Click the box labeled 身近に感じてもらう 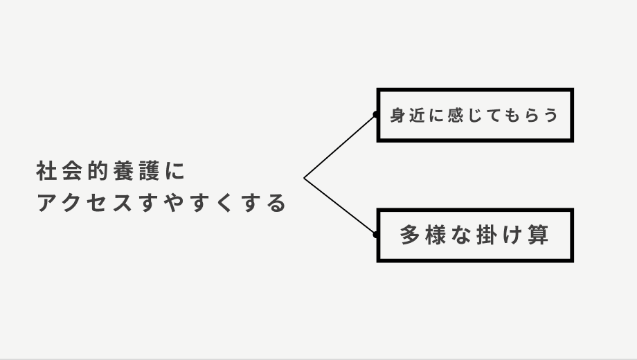tap(475, 115)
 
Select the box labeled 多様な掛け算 tap(475, 235)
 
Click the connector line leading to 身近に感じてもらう tap(339, 147)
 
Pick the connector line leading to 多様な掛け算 tap(339, 206)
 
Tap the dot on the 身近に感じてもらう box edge tap(375, 115)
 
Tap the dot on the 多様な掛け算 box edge tap(375, 235)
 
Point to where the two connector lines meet tap(304, 178)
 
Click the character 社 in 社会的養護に tap(46, 170)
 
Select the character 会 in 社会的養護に tap(71, 170)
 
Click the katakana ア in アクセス tap(46, 204)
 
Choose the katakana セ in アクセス tap(97, 204)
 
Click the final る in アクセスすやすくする tap(277, 204)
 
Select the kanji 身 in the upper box tap(397, 115)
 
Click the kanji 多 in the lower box tap(411, 235)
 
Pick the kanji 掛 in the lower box tap(486, 235)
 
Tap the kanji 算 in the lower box tap(538, 235)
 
